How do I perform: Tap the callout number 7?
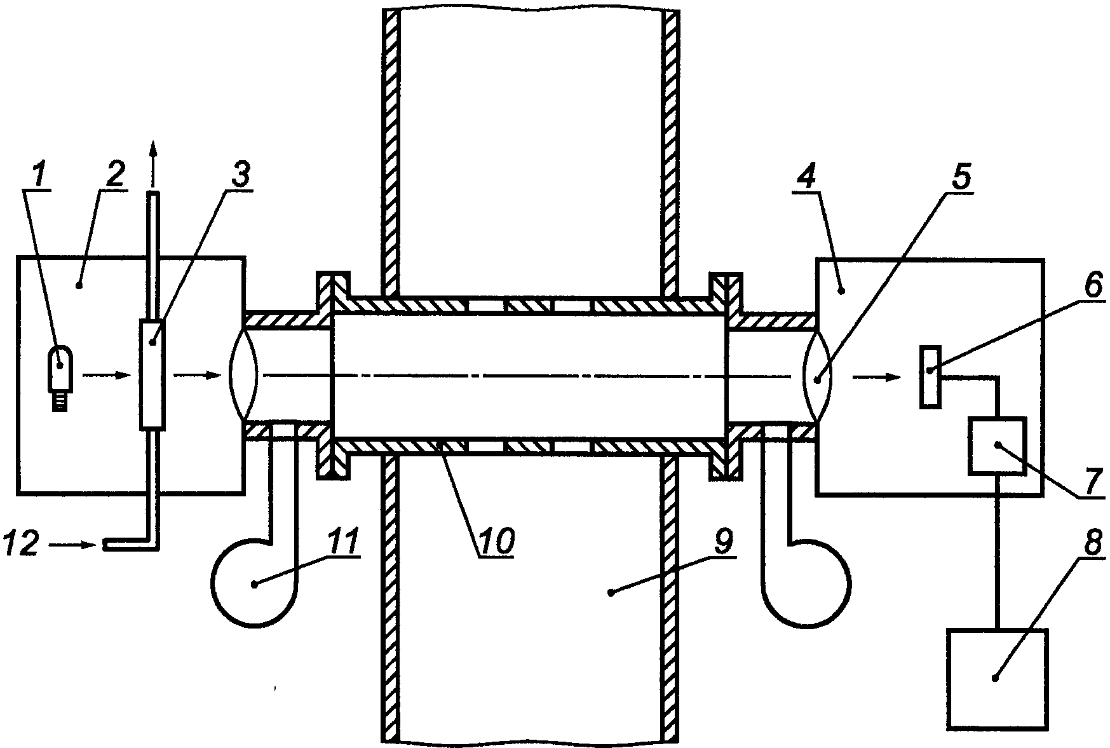coord(1089,482)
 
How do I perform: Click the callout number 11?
coord(342,542)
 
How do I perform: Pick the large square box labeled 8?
coord(996,678)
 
